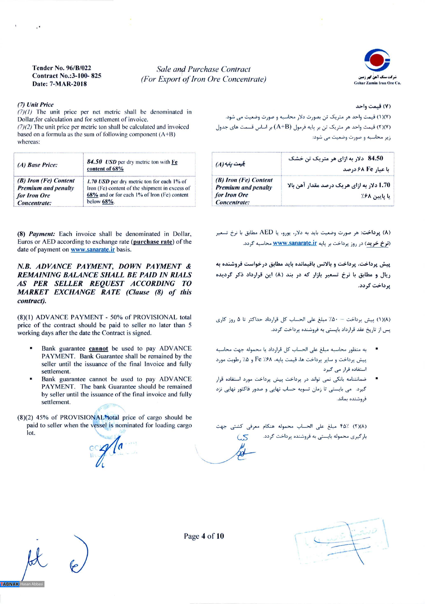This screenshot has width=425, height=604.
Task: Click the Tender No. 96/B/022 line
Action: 62,68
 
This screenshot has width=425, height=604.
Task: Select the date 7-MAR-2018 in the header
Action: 68,84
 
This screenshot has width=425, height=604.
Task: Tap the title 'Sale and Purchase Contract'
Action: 203,69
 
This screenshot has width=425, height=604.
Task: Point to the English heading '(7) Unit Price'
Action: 36,104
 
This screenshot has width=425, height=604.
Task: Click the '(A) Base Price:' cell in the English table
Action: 37,165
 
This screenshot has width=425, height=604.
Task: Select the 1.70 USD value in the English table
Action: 98,182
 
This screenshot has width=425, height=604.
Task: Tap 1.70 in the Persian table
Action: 384,185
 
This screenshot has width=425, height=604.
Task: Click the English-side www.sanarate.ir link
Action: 93,249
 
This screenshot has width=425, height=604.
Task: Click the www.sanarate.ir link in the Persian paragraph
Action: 295,243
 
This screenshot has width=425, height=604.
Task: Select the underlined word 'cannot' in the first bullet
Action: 98,349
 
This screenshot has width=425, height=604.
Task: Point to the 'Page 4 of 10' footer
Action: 204,536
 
